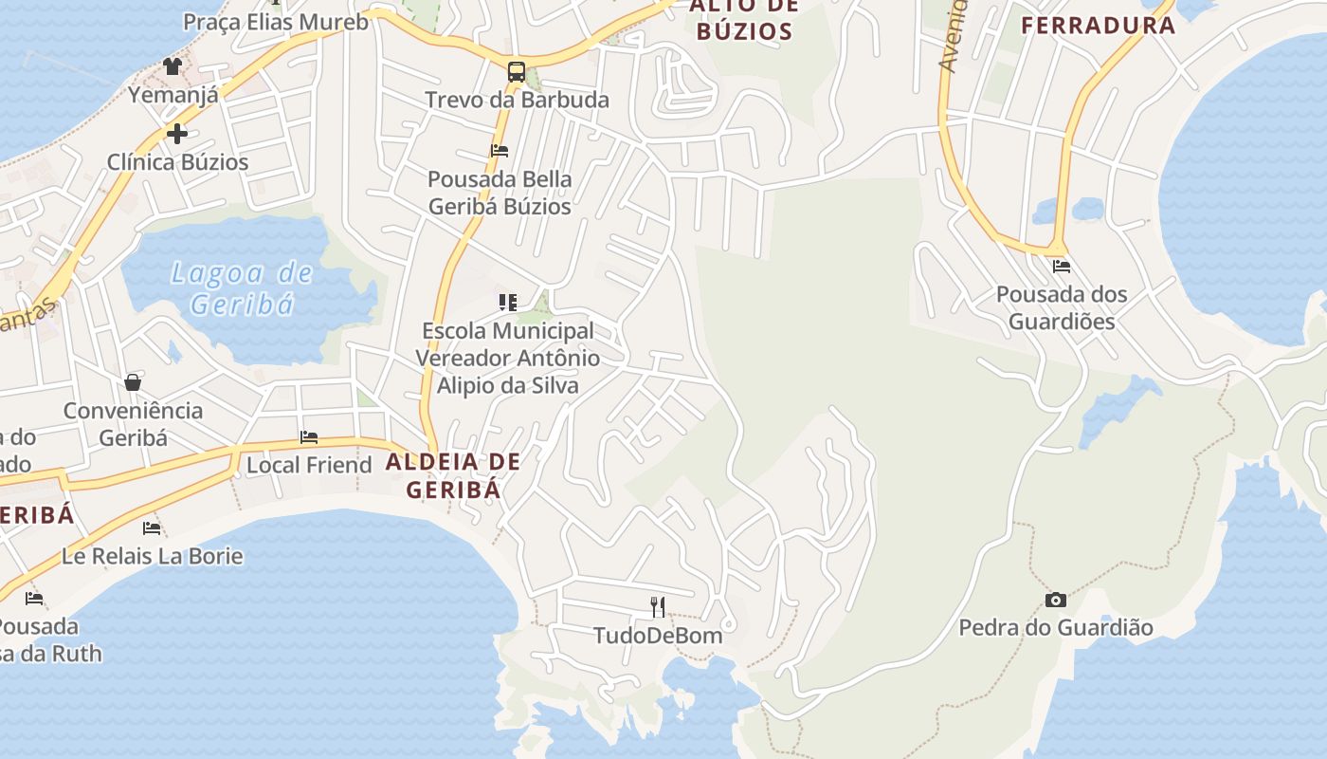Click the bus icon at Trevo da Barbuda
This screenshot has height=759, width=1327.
(x=516, y=71)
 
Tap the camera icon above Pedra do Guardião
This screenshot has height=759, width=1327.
(x=1055, y=600)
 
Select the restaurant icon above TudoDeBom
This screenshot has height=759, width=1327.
(x=658, y=606)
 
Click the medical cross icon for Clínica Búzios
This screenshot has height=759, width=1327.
(x=176, y=134)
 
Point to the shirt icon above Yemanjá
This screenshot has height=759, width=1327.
(x=172, y=65)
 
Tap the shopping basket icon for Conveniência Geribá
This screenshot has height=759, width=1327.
(x=133, y=382)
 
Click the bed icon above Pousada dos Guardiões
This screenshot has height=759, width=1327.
(x=1061, y=267)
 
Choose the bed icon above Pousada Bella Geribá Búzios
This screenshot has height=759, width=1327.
(x=500, y=151)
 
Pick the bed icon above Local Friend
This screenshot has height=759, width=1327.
(x=309, y=437)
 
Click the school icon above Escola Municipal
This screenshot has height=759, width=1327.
(x=508, y=303)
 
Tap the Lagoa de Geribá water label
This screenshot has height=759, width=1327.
(x=242, y=288)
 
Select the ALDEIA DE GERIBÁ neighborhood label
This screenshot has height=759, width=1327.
(x=453, y=476)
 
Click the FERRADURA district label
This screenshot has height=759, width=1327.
(x=1098, y=26)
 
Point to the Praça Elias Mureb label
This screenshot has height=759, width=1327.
(x=275, y=22)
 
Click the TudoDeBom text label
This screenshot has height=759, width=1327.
(x=658, y=635)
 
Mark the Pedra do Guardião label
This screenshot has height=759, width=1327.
(x=1056, y=627)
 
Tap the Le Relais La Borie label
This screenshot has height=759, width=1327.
(x=152, y=556)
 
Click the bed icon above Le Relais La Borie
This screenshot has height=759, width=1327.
(x=152, y=528)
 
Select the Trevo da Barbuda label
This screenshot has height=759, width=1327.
(x=517, y=100)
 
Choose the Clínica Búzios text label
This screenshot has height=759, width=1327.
(x=177, y=162)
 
